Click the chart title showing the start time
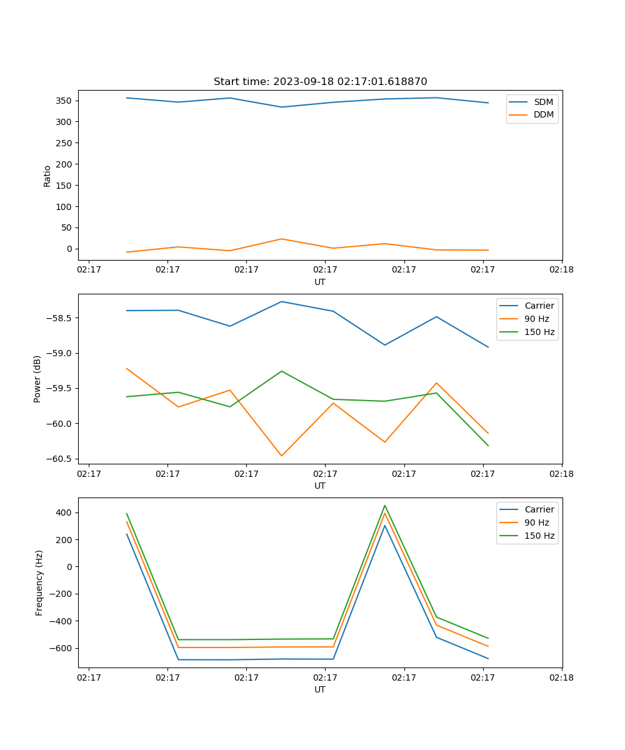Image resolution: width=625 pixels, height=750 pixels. (x=320, y=82)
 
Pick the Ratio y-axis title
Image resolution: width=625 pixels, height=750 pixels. (x=47, y=176)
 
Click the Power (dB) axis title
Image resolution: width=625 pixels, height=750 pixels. (x=37, y=379)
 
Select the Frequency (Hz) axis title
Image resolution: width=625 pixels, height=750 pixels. (x=39, y=582)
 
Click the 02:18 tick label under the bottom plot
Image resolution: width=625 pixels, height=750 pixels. (x=561, y=677)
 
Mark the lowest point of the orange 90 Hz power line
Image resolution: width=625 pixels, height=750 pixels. (x=281, y=456)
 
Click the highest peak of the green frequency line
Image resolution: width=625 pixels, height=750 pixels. (x=385, y=506)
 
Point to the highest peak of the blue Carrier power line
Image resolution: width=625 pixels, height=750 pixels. (x=281, y=301)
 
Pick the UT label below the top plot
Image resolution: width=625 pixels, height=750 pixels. (x=320, y=282)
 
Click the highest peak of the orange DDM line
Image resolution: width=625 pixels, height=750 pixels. (x=281, y=239)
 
